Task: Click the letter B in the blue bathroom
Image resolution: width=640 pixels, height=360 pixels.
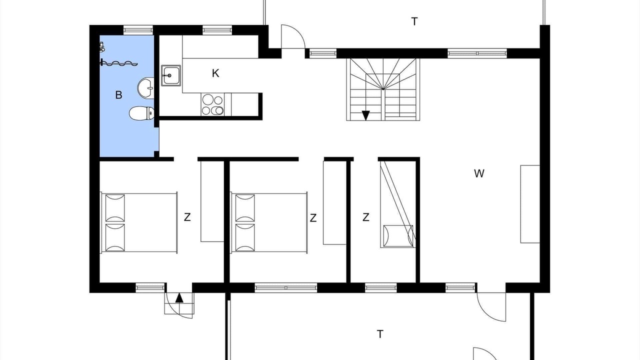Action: pos(118,95)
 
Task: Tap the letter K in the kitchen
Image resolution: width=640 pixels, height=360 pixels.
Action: pos(215,73)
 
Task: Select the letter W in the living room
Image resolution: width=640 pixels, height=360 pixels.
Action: pos(479,173)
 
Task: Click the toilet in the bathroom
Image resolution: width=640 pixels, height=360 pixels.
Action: pos(141,113)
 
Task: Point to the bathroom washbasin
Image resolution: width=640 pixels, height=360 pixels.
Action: pos(145,88)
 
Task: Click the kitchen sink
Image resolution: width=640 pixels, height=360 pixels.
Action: pos(171,75)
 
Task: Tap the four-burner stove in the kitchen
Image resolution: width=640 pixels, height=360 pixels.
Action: pos(212,104)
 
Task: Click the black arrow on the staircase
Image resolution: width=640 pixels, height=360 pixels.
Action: pos(365,115)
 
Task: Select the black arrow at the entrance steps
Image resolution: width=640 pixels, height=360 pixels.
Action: pos(179,297)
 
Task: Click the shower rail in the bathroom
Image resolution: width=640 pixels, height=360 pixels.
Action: pos(119,63)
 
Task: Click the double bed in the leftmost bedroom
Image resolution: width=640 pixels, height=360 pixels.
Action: pos(138,222)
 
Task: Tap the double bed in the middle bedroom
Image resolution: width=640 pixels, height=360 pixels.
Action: pos(269,222)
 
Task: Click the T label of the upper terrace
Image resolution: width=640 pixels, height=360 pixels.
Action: pos(414,21)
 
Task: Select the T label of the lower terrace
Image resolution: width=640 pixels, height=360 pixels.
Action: pos(380,334)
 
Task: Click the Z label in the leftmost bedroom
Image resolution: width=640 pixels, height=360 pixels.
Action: pos(187,217)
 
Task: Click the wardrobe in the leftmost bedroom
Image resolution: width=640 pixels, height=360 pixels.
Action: pos(212,201)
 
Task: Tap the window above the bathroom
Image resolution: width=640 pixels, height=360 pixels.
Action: pos(138,30)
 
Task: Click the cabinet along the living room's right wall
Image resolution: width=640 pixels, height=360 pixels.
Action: pos(530,204)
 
